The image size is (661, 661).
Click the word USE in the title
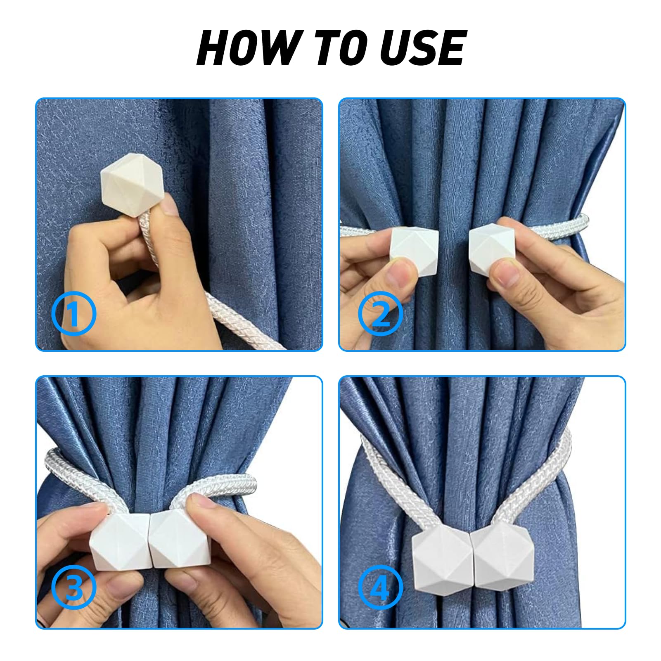click(x=424, y=48)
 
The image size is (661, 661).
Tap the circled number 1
click(x=73, y=313)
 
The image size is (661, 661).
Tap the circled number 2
click(x=380, y=313)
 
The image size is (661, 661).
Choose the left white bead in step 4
click(x=443, y=561)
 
